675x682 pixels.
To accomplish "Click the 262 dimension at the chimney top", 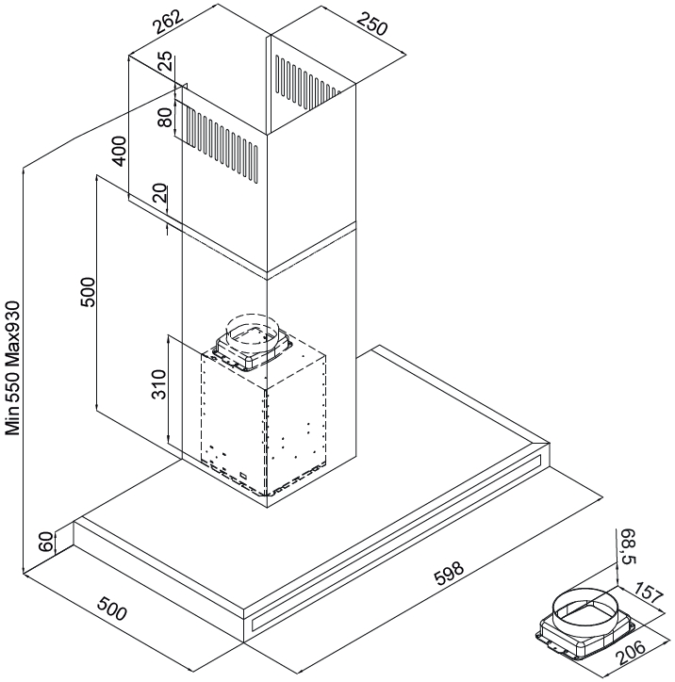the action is click(x=168, y=23).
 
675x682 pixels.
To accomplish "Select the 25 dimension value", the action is click(x=165, y=61).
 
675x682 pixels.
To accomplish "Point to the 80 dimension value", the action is click(x=165, y=118).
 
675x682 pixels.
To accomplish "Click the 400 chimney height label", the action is click(x=119, y=151).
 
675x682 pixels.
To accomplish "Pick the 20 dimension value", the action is click(x=160, y=193).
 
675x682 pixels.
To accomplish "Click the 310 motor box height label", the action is click(x=158, y=384).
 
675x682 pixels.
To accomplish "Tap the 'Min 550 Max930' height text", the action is click(x=12, y=368).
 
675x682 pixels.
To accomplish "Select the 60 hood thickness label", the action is click(x=46, y=542).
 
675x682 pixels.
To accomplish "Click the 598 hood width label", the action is click(x=450, y=574).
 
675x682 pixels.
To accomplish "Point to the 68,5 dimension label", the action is click(x=630, y=546).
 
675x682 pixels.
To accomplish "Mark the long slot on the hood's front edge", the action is click(x=396, y=544).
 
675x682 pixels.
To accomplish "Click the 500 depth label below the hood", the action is click(x=112, y=609).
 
